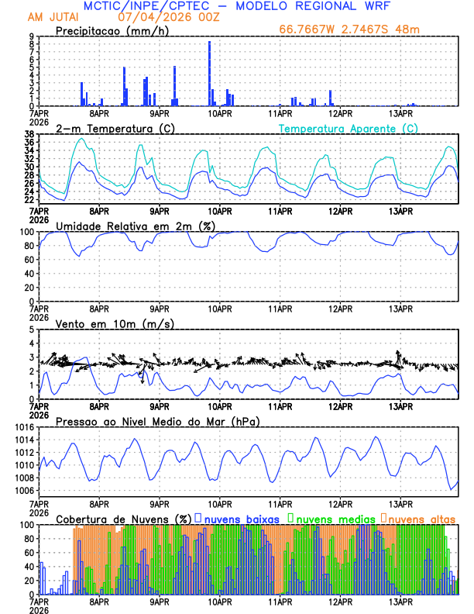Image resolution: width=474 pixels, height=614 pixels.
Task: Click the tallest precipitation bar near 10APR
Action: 209,74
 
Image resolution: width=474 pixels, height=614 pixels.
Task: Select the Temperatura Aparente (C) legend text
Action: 349,128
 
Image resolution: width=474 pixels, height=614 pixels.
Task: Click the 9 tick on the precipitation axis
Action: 30,36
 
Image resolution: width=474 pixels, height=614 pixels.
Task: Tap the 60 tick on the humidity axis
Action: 28,260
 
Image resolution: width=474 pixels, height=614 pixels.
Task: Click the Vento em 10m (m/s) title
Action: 115,323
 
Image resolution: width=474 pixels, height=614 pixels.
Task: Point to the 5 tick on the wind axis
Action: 30,329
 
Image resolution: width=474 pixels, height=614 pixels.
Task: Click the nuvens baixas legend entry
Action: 236,518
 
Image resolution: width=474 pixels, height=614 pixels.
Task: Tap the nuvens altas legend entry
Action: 422,518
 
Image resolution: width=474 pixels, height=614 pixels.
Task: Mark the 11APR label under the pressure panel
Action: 280,502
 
